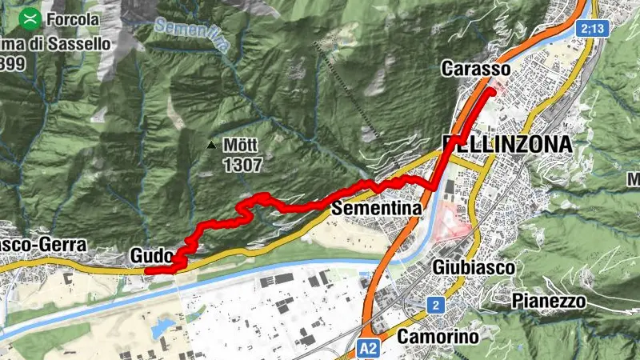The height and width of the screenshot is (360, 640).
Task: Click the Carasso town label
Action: (x=475, y=70)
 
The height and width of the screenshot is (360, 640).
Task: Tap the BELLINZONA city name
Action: (x=507, y=145)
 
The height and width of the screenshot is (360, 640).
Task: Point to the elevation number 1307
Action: (x=242, y=164)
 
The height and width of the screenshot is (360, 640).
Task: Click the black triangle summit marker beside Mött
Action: (x=211, y=146)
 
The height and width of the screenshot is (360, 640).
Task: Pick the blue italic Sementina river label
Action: (x=192, y=37)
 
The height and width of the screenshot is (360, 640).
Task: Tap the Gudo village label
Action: (x=150, y=255)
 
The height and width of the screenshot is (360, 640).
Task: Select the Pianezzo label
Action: (x=548, y=301)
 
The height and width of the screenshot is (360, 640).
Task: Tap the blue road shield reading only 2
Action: (x=435, y=305)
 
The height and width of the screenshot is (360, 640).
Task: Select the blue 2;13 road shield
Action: (x=590, y=28)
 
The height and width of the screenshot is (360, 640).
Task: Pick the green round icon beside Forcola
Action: (x=31, y=17)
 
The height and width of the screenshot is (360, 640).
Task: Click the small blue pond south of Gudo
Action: (x=165, y=326)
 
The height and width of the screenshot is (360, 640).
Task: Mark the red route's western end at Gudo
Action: (x=147, y=270)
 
